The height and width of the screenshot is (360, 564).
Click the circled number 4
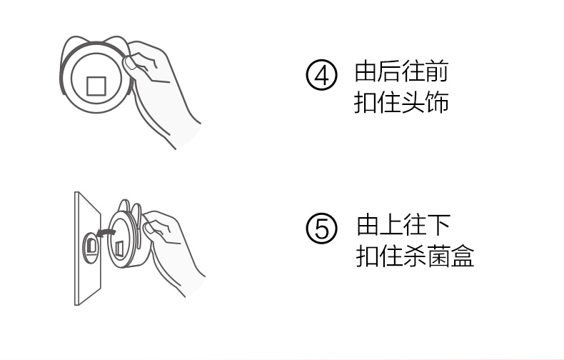321,75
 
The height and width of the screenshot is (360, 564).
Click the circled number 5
321,229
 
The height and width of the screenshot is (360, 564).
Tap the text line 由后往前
401,71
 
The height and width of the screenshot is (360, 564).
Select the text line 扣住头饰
401,103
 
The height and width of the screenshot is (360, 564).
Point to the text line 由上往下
403,225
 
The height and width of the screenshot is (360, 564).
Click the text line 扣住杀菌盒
415,256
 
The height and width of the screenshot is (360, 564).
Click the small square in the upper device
96,86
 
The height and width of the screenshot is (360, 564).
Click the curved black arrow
107,233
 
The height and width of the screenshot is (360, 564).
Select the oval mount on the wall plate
91,247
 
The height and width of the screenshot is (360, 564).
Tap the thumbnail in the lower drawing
149,229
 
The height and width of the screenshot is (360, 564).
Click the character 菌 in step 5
439,256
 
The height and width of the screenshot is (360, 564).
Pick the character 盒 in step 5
463,256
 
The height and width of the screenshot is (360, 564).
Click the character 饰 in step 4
437,103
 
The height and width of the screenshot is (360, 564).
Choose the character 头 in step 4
413,103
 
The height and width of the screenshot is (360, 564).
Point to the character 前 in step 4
437,71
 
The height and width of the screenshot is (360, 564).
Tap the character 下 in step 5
439,225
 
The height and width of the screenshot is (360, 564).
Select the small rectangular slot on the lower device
119,249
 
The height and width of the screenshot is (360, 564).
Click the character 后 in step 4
390,71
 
